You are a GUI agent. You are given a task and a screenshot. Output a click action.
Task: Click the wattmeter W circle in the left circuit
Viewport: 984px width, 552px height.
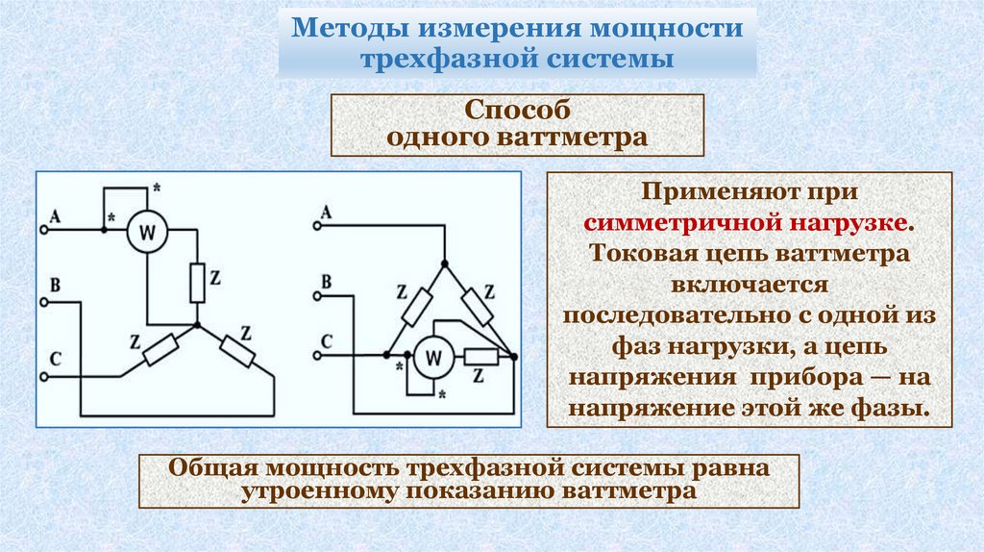(148, 232)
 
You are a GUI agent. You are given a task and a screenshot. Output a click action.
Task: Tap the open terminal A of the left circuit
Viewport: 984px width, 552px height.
(44, 231)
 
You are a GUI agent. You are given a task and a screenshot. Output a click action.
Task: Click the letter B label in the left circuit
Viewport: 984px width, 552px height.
(55, 284)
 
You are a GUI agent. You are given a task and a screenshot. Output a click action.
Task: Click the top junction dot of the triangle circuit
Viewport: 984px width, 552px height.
(445, 263)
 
